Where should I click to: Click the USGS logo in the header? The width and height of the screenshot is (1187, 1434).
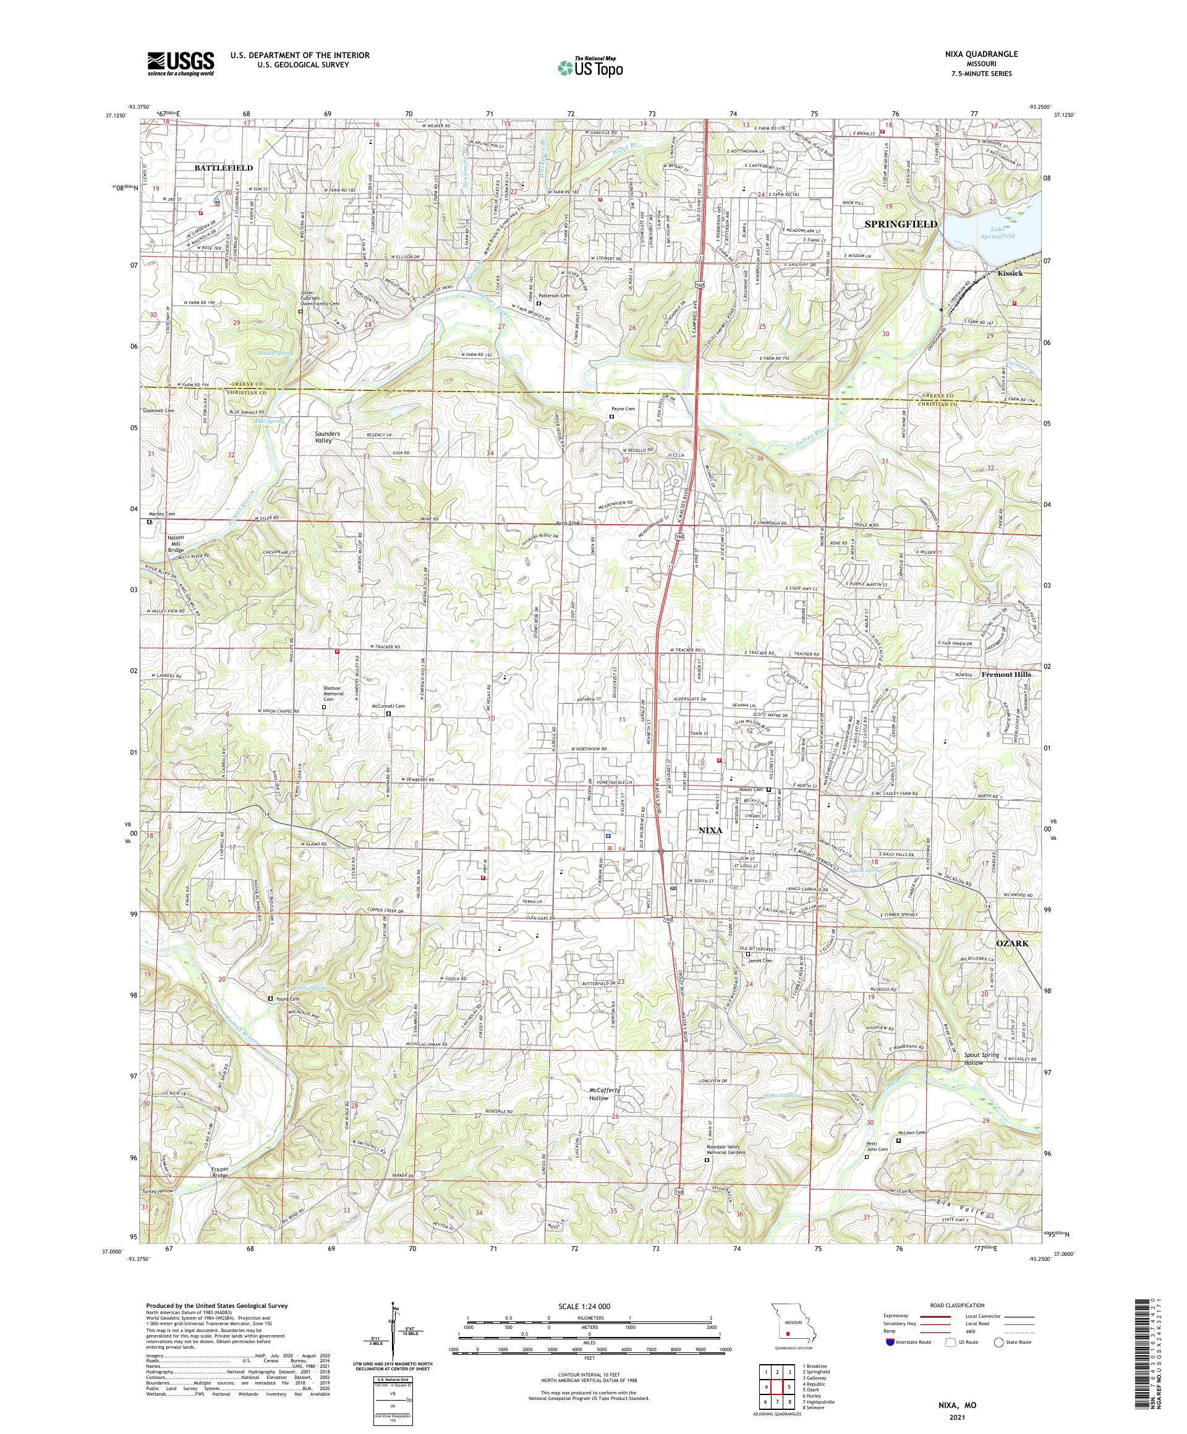[181, 64]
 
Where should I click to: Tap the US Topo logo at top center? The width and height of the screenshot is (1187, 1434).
[591, 67]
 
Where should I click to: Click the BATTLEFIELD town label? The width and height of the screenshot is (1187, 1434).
[223, 168]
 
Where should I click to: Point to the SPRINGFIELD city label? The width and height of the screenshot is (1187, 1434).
[901, 224]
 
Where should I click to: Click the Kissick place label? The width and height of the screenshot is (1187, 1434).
[1010, 273]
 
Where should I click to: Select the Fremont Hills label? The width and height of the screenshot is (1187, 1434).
[1006, 674]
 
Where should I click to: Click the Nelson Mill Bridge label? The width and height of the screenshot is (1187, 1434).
[176, 543]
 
